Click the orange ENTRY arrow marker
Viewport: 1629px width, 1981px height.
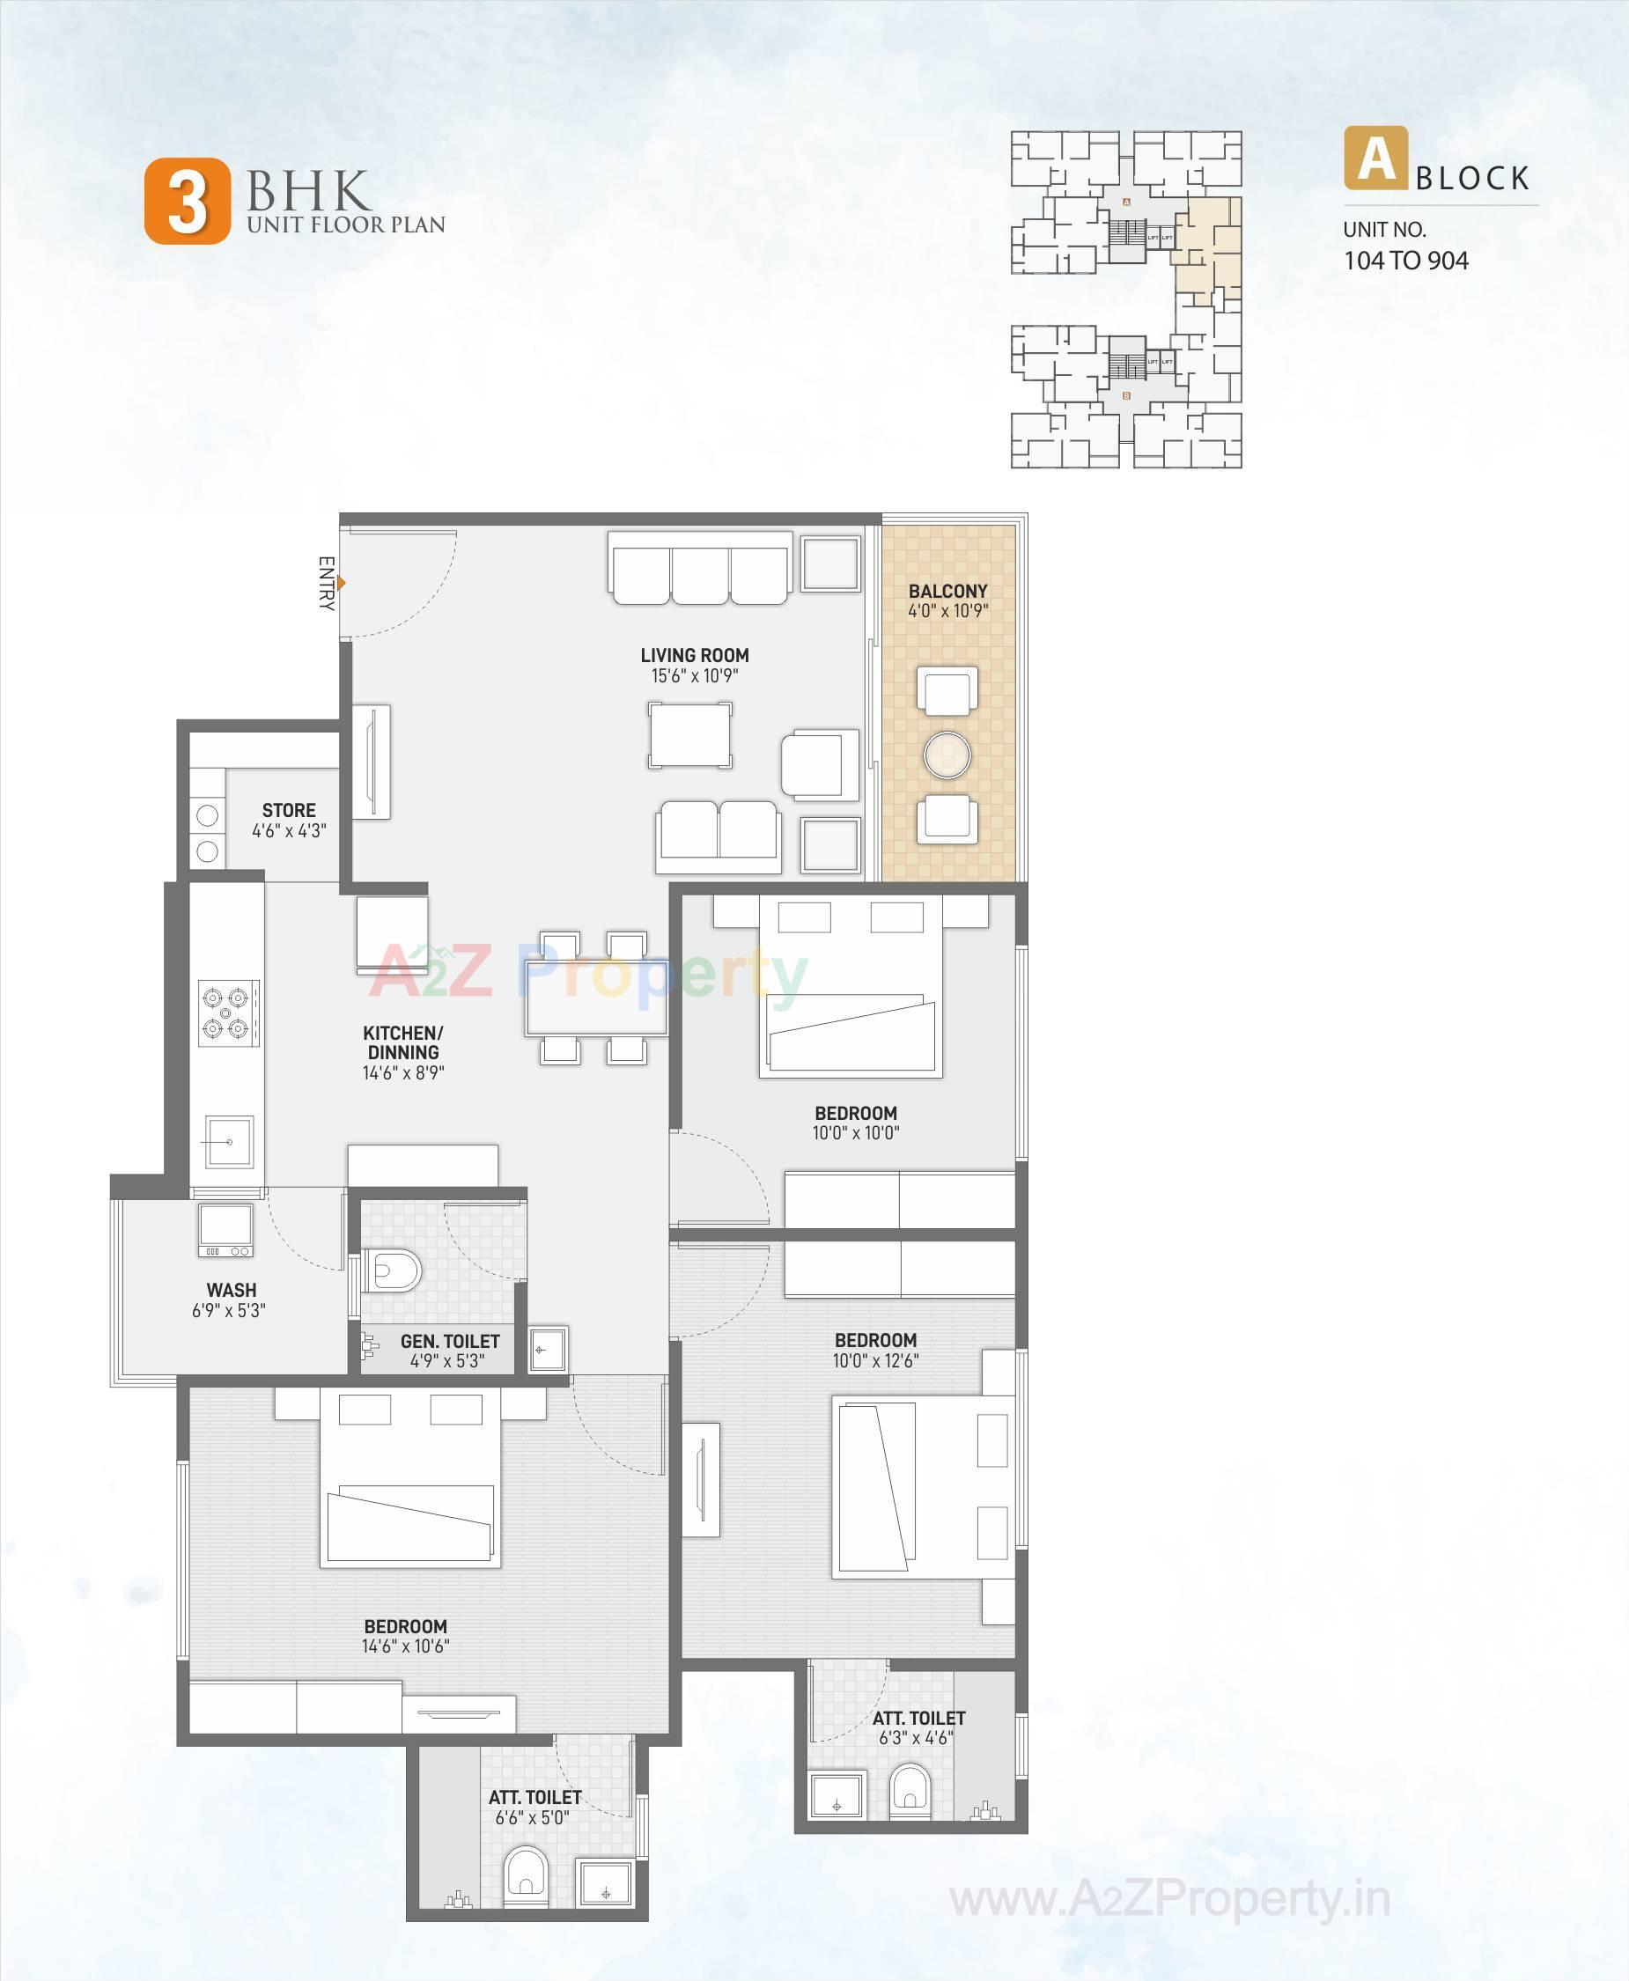click(x=343, y=583)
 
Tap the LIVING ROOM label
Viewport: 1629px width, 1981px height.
click(x=695, y=655)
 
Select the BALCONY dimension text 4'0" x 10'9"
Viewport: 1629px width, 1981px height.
click(x=947, y=611)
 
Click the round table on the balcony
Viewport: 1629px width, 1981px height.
click(x=947, y=755)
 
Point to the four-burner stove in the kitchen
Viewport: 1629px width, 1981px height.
click(x=228, y=1013)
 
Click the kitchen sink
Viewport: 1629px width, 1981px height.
click(x=229, y=1141)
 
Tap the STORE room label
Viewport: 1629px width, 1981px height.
click(x=289, y=810)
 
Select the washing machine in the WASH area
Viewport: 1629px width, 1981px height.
click(x=225, y=1230)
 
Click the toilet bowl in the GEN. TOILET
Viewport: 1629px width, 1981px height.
click(x=395, y=1271)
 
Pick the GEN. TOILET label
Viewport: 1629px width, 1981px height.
click(x=449, y=1341)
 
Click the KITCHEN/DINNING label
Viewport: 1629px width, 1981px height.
click(x=402, y=1042)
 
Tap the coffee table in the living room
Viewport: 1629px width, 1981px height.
click(x=690, y=736)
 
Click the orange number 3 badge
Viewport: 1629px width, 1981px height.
click(x=187, y=202)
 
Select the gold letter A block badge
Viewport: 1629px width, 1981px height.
click(x=1375, y=158)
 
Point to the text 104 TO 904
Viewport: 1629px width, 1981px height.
click(x=1405, y=261)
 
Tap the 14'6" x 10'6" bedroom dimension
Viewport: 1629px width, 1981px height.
click(x=405, y=1645)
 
